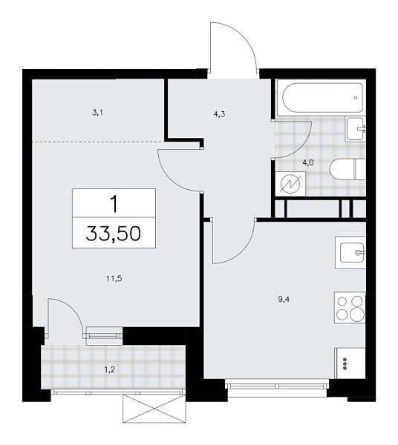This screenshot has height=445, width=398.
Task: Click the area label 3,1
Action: [x=98, y=113]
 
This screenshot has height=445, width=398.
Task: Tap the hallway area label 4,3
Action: [x=219, y=115]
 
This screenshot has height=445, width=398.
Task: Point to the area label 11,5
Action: [x=113, y=279]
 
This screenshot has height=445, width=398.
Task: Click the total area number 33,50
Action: [x=114, y=236]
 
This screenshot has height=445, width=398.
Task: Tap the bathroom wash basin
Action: [x=356, y=131]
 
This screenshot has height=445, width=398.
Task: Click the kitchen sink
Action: [x=350, y=253]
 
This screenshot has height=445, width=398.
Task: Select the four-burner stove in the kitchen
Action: [x=350, y=308]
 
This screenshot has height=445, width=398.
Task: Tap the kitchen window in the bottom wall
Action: [x=277, y=385]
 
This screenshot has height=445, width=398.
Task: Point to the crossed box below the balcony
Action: [x=154, y=407]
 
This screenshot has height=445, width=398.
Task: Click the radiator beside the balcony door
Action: [x=104, y=334]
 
